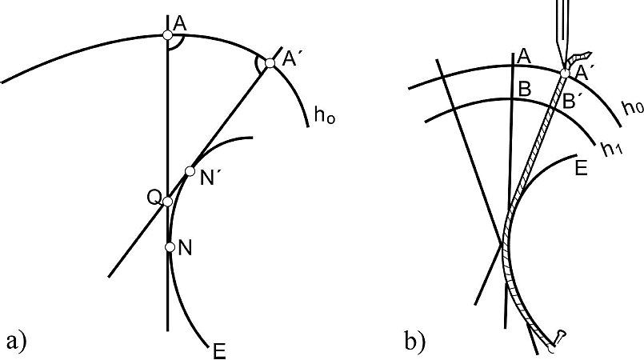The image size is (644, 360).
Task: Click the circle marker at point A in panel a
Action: [x=166, y=34]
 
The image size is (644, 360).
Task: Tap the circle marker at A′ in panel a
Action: [x=270, y=63]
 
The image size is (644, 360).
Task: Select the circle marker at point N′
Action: [x=190, y=170]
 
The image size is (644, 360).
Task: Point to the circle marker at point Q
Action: [x=168, y=201]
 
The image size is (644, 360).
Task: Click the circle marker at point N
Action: [x=169, y=247]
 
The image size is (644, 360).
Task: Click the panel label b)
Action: [x=415, y=342]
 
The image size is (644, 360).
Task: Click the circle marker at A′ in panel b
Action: [x=566, y=74]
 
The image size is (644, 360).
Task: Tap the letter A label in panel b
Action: [x=524, y=55]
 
